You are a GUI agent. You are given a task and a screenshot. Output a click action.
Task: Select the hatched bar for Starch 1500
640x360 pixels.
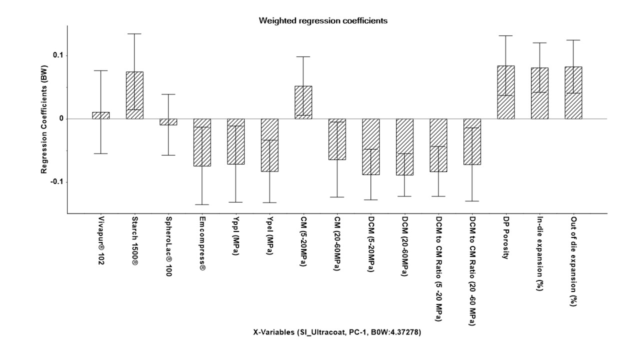(x=134, y=95)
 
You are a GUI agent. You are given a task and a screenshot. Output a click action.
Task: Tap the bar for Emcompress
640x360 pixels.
(x=202, y=142)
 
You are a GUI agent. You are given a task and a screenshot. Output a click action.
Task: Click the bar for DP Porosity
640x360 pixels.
(x=505, y=92)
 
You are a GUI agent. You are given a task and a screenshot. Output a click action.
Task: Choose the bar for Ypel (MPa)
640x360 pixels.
(x=269, y=145)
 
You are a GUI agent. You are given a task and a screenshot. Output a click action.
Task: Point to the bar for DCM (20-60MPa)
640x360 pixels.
(x=404, y=147)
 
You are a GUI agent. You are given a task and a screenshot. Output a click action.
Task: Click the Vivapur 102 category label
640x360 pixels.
(x=101, y=240)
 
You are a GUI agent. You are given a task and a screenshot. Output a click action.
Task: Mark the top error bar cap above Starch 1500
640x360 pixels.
(x=134, y=33)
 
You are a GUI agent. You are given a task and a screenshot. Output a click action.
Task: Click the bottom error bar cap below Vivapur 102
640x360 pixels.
(x=101, y=153)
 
